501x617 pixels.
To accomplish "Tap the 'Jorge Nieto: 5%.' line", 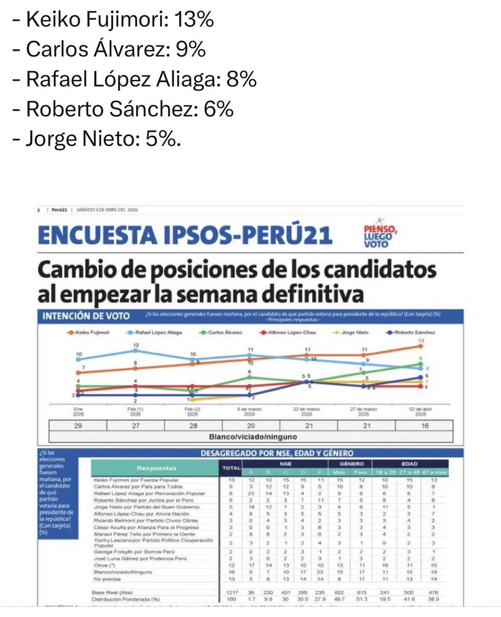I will pos(103,139).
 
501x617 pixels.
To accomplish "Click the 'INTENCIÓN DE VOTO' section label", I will pos(85,316).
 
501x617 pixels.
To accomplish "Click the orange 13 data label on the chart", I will pos(421,341).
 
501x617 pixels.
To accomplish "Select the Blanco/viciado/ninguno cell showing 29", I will pos(78,426).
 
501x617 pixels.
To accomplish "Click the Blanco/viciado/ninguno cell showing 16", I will pos(424,426).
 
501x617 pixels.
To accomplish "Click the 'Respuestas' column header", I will pos(156,468).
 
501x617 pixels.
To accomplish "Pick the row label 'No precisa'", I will pos(105,578).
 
